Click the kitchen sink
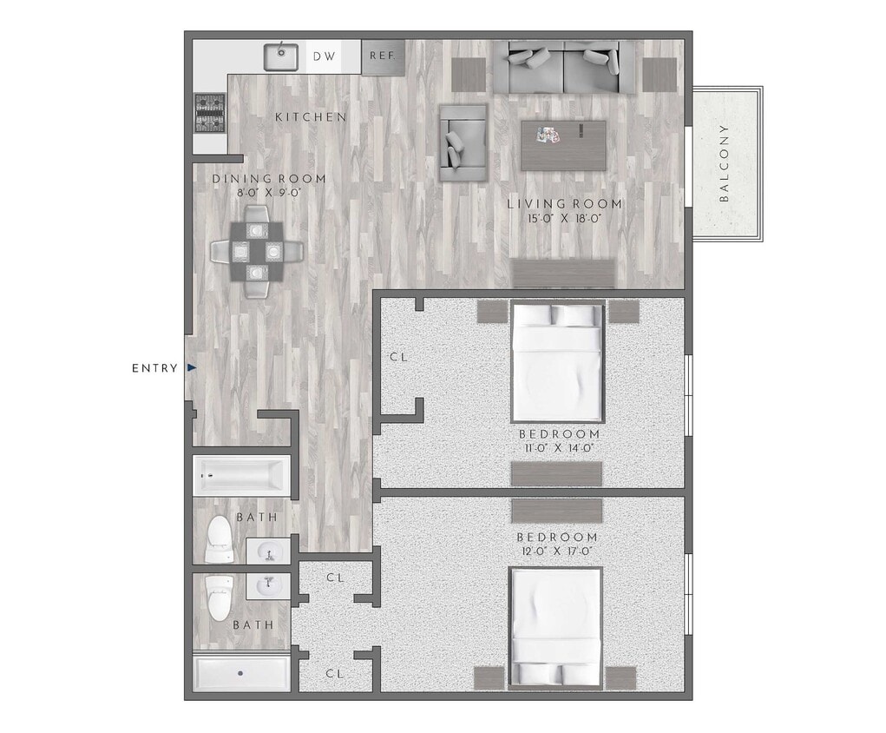[x=281, y=56]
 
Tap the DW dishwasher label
[x=324, y=56]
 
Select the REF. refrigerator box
[x=382, y=56]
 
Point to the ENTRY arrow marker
[x=192, y=368]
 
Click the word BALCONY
[x=725, y=163]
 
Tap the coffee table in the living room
[x=563, y=144]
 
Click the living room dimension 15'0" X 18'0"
[x=565, y=219]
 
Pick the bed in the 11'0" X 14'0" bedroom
[x=557, y=360]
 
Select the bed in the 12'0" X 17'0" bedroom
[x=555, y=626]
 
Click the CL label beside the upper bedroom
[x=398, y=357]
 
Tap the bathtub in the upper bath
[x=240, y=476]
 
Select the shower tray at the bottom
[x=240, y=673]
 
